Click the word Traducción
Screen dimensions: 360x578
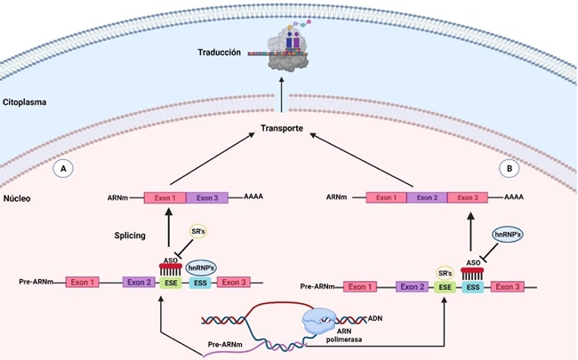[220, 53]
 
